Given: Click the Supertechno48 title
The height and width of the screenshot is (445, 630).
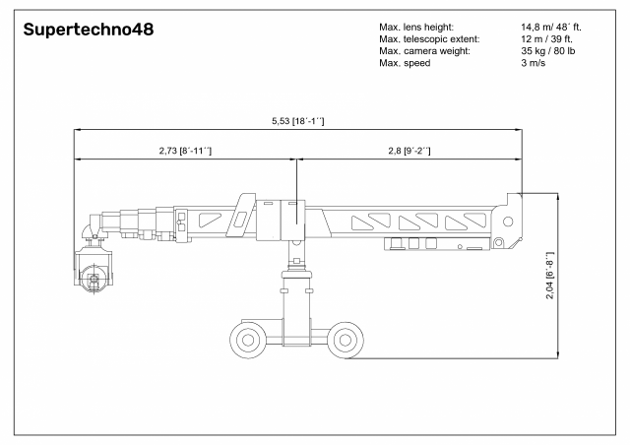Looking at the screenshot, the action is click(x=89, y=30).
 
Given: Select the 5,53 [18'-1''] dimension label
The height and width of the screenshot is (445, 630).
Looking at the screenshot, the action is click(x=297, y=121).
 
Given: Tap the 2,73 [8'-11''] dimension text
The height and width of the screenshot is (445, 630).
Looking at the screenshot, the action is click(x=185, y=151).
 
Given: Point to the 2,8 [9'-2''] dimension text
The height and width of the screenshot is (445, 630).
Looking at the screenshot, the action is click(x=409, y=151).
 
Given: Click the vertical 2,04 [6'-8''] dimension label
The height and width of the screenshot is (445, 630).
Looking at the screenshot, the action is click(x=549, y=276).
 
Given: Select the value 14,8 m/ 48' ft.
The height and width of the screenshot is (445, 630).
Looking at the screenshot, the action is click(x=551, y=28).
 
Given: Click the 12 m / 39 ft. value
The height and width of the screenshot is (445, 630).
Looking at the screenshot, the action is click(x=546, y=39).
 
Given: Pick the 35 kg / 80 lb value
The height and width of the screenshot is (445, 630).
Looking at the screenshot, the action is click(x=548, y=51).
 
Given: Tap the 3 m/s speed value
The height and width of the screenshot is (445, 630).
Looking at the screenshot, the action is click(x=534, y=63).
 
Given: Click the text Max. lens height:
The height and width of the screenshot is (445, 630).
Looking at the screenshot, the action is click(x=416, y=28).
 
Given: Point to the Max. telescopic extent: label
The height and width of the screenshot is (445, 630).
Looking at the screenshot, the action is click(x=429, y=39).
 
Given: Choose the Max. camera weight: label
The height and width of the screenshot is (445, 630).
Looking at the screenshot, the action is click(x=424, y=51).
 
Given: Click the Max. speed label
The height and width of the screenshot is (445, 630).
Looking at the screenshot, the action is click(x=405, y=63).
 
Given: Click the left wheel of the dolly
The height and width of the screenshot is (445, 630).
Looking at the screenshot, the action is click(x=248, y=341).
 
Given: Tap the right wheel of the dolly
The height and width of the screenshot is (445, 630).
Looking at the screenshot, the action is click(x=346, y=340).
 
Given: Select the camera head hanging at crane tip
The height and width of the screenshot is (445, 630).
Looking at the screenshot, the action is click(x=94, y=270).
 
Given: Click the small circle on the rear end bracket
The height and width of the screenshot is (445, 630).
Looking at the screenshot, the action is click(x=508, y=222).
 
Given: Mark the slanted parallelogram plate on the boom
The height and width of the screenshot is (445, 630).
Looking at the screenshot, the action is click(x=241, y=215).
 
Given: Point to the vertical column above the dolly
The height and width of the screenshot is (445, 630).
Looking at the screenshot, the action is click(x=296, y=293).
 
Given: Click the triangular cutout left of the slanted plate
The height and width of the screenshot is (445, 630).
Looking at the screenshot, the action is click(x=209, y=220).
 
